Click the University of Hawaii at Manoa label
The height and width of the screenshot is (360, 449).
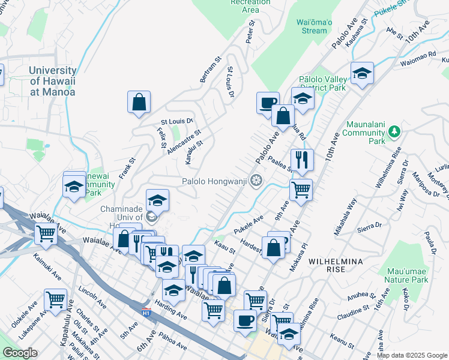click(x=53, y=81)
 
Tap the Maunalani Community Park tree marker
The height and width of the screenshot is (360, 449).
click(x=394, y=131)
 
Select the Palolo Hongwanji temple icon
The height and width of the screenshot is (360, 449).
click(x=256, y=180)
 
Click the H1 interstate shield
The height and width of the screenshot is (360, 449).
click(x=146, y=312)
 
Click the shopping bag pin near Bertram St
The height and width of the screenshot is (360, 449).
click(x=139, y=103)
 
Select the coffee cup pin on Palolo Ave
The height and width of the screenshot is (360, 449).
click(x=268, y=103)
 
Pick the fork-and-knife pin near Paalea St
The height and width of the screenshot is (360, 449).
click(x=302, y=160)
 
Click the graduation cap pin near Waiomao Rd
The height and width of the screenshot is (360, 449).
click(x=362, y=74)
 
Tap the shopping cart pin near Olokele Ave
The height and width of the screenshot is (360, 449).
click(x=55, y=299)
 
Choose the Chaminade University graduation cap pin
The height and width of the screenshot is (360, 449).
click(x=157, y=200)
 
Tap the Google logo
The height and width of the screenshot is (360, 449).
click(x=20, y=353)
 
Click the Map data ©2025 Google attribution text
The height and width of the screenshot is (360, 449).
click(x=411, y=355)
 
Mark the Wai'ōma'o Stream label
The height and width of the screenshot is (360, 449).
click(x=315, y=26)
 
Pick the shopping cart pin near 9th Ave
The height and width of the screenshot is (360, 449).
click(x=301, y=190)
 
